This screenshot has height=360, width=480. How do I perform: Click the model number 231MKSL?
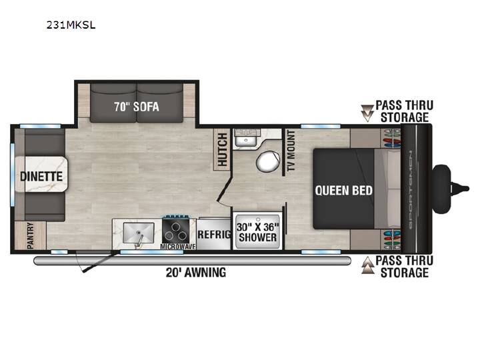pyautogui.click(x=71, y=25)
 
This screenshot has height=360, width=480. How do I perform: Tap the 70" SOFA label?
pyautogui.click(x=137, y=107)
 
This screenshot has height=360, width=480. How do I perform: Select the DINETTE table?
pyautogui.click(x=41, y=174)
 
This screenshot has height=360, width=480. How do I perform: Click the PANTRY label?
pyautogui.click(x=30, y=235)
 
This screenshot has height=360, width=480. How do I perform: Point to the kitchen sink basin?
pyautogui.click(x=139, y=233)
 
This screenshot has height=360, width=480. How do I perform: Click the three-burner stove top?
pyautogui.click(x=175, y=231)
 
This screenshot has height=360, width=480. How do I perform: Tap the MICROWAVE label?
pyautogui.click(x=178, y=247)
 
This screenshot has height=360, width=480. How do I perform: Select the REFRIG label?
pyautogui.click(x=214, y=235)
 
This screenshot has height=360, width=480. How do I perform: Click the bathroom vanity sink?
pyautogui.click(x=247, y=139)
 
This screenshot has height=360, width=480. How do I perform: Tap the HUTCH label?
pyautogui.click(x=222, y=149)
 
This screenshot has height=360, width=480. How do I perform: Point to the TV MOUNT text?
pyautogui.click(x=291, y=150)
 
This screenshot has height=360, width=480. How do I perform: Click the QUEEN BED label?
pyautogui.click(x=343, y=191)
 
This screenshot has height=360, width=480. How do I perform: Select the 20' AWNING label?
pyautogui.click(x=196, y=272)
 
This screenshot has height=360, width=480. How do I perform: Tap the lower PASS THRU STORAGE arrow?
pyautogui.click(x=367, y=265)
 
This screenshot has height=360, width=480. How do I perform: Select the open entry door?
pyautogui.click(x=99, y=261)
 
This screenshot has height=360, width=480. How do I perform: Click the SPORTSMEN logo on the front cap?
pyautogui.click(x=410, y=190)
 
